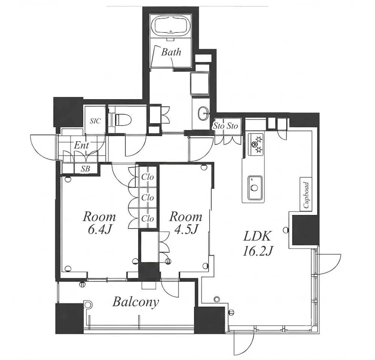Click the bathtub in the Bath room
coord(171,26)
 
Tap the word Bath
coord(171,52)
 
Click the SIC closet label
coord(95,121)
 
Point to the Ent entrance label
coord(81,145)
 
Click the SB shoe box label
coord(85,169)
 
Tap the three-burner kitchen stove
coord(256,144)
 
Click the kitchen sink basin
coord(254,188)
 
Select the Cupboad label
coord(306,195)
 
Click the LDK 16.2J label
coord(257,244)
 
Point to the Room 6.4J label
coord(99,223)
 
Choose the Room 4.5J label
coord(186,223)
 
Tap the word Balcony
coord(135,302)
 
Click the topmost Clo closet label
coord(148,177)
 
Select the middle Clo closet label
coord(148,198)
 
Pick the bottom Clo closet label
coord(148,218)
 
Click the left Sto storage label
coord(219,126)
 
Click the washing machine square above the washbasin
coord(200,84)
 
